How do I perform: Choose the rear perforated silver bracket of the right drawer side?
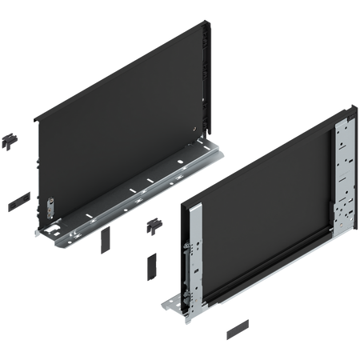pos(343,168)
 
